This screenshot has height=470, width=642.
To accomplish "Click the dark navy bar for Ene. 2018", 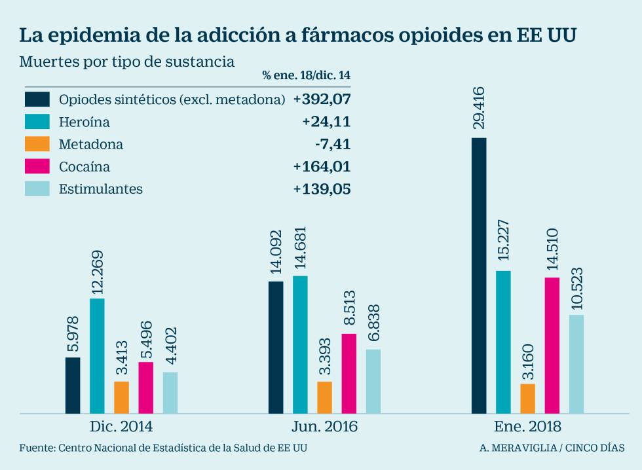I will pyautogui.click(x=479, y=276).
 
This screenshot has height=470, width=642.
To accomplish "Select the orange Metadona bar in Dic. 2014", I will pyautogui.click(x=121, y=397).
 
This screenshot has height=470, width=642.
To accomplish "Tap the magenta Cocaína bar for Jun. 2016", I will pyautogui.click(x=349, y=373).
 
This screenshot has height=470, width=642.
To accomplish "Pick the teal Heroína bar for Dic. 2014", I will pyautogui.click(x=97, y=355).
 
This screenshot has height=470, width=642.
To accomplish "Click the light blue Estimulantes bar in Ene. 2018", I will pyautogui.click(x=576, y=364).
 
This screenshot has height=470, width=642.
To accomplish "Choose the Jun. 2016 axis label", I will pyautogui.click(x=324, y=427).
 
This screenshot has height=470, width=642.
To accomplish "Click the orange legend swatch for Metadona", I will pyautogui.click(x=37, y=144).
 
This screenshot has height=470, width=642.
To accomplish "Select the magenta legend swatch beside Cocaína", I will pyautogui.click(x=37, y=166).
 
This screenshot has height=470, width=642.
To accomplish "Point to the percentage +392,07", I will pyautogui.click(x=322, y=99).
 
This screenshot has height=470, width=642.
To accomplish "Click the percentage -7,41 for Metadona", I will pyautogui.click(x=332, y=144).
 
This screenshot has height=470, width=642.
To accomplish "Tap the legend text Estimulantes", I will pyautogui.click(x=101, y=189).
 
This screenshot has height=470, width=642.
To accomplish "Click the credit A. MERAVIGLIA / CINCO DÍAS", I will pyautogui.click(x=552, y=448).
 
